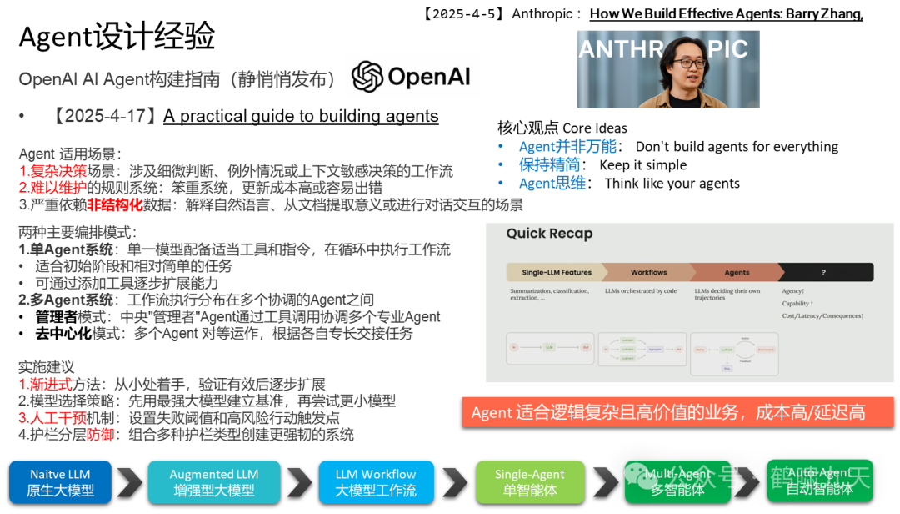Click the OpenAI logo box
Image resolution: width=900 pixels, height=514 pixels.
412,76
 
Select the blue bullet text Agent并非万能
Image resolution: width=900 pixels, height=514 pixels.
567,147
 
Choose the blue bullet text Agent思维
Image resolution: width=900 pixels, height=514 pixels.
552,184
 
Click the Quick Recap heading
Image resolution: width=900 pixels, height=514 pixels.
549,234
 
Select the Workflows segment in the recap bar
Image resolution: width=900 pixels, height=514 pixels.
648,272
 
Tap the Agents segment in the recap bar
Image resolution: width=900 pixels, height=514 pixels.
737,272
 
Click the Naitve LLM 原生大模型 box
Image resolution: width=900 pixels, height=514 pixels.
60,482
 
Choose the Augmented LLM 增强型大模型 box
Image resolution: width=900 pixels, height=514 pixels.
214,482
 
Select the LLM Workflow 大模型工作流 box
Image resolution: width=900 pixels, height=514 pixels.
376,482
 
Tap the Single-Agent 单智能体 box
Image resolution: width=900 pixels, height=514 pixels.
529,482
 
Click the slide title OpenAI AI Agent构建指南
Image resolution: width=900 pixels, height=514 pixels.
177,80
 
